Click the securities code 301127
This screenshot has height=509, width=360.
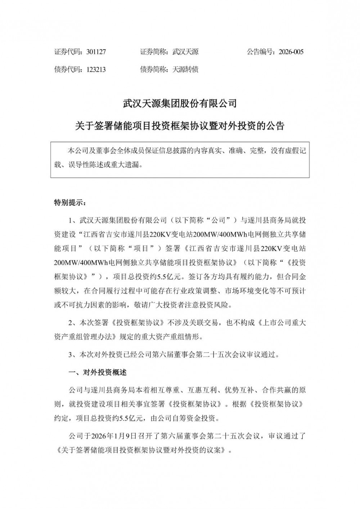(96, 52)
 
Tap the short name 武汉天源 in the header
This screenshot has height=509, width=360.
(185, 52)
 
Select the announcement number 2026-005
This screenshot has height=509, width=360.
(291, 52)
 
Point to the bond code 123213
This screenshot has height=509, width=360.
(96, 69)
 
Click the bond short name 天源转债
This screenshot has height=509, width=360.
(185, 69)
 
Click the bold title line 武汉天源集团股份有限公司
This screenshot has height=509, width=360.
(180, 104)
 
